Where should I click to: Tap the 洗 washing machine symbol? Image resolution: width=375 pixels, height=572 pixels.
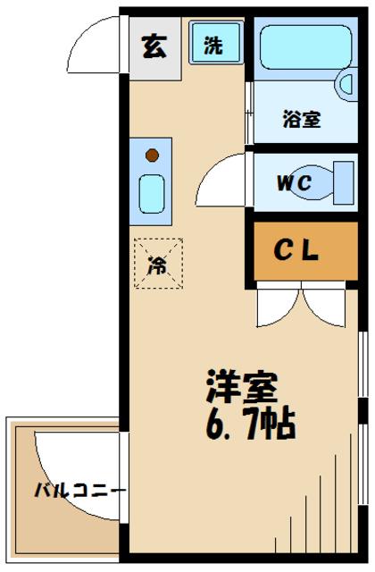point(213,46)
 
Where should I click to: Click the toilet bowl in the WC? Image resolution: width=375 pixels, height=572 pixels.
point(340,183)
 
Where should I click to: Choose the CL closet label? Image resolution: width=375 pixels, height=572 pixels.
point(296,253)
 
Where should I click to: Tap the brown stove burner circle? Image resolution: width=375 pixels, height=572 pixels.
point(152,155)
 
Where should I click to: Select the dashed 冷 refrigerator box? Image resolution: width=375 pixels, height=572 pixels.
point(158,264)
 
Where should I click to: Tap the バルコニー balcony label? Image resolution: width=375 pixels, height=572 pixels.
point(79,491)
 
